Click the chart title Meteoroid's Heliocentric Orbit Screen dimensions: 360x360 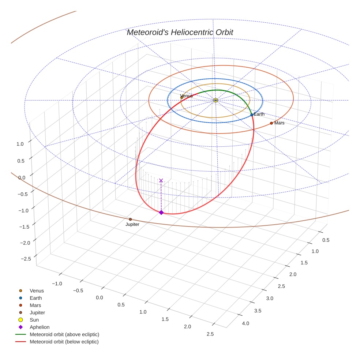[x=180, y=33]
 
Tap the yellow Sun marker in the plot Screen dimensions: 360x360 [x=215, y=100]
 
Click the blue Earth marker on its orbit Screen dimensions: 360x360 [x=252, y=115]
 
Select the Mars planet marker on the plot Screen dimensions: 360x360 [x=271, y=123]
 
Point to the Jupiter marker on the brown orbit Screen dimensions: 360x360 [x=130, y=220]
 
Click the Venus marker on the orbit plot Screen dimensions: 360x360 [x=181, y=97]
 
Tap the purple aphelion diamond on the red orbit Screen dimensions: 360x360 [x=161, y=212]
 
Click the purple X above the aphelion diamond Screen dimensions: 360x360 [x=161, y=180]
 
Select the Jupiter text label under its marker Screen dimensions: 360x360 [x=132, y=224]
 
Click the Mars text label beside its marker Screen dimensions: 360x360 [x=279, y=123]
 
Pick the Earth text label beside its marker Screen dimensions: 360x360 [x=259, y=115]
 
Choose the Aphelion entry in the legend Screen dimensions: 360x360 [x=40, y=327]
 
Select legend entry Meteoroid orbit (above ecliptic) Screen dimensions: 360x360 [x=64, y=334]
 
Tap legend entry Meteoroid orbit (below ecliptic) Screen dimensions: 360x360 [x=64, y=342]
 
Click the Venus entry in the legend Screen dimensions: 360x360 [x=37, y=291]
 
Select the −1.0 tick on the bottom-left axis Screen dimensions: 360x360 [x=57, y=284]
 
